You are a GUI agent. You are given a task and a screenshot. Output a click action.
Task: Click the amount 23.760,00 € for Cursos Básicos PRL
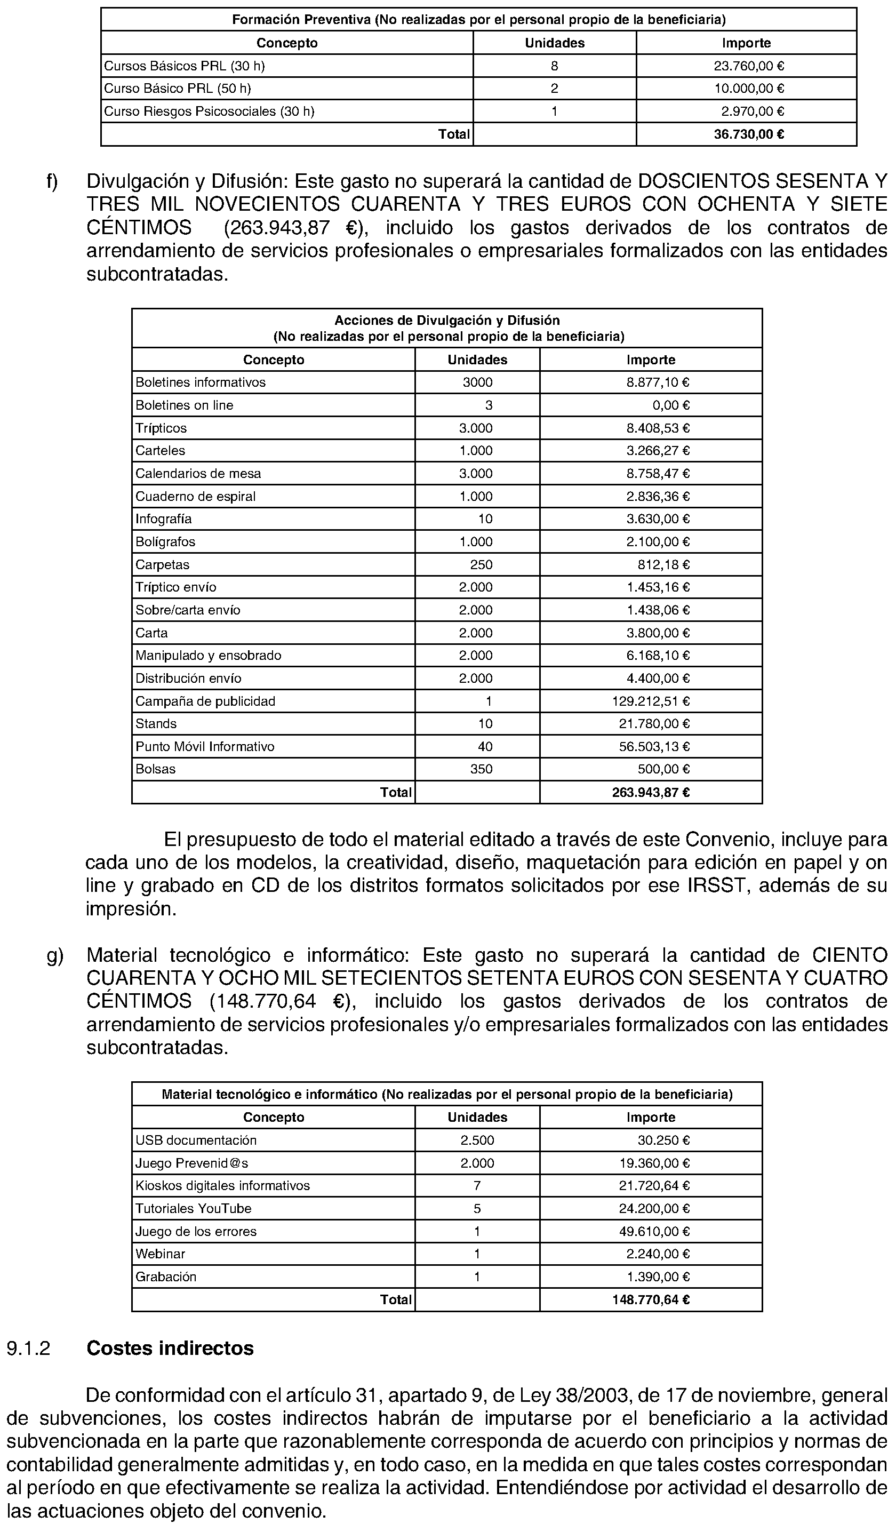(749, 66)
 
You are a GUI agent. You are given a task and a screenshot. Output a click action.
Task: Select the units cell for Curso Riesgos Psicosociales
(554, 111)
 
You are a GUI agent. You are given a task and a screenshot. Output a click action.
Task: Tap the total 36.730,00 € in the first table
(749, 134)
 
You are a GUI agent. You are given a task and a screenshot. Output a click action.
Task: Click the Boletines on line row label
(184, 405)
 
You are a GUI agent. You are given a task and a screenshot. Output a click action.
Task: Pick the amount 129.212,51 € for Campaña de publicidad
(651, 701)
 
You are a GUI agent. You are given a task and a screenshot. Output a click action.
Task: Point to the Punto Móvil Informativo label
(205, 747)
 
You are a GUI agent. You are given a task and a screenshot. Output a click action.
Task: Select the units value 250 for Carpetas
(481, 565)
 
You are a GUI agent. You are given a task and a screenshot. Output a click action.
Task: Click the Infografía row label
(164, 519)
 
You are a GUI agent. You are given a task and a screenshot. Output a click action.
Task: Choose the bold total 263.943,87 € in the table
(651, 792)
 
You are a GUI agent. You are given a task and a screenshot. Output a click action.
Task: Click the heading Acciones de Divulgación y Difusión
(447, 321)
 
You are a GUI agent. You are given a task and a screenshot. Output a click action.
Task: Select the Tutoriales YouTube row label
(193, 1209)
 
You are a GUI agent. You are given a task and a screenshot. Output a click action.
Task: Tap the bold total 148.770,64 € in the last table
(651, 1300)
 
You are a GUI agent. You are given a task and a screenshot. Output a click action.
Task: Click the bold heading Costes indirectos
(170, 1349)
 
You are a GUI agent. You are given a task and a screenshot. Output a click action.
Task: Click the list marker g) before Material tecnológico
(55, 956)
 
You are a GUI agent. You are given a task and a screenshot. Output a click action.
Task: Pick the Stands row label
(156, 724)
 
